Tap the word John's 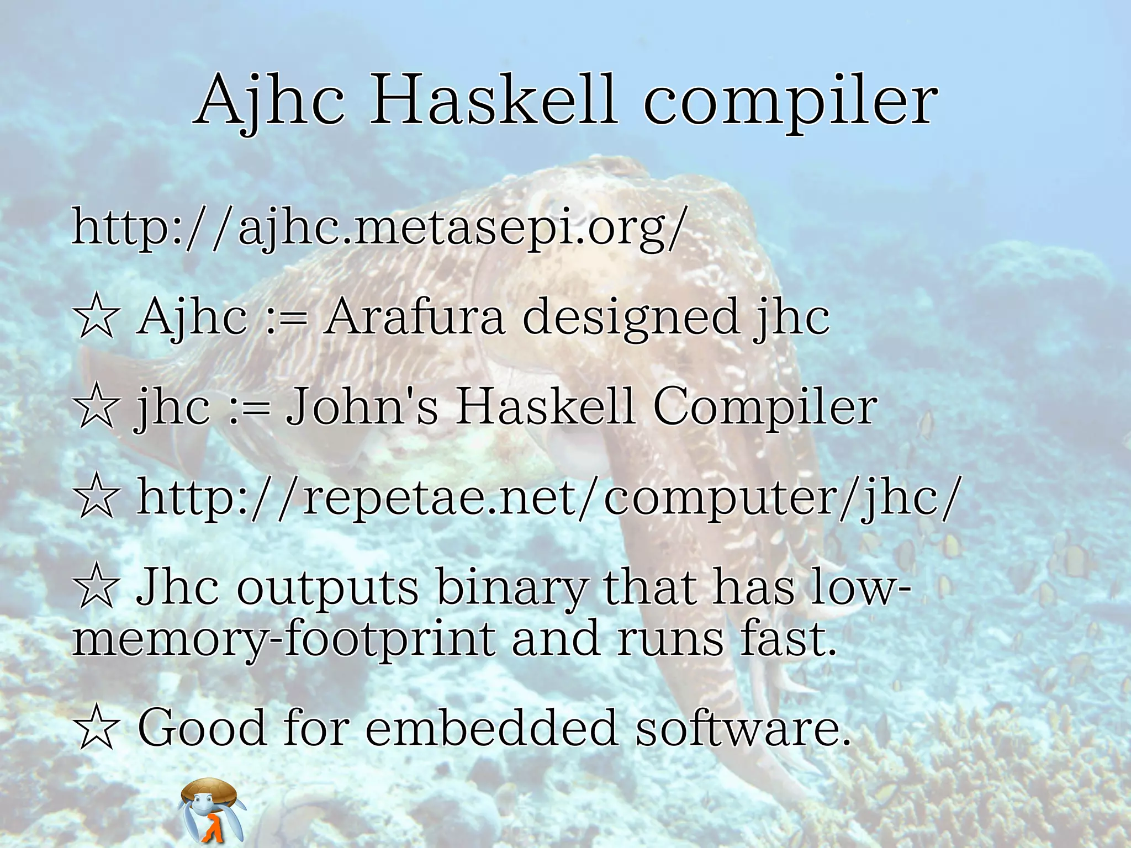tap(362, 407)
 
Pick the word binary tap(511, 589)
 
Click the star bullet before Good tap(97, 729)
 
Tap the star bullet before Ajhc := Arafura tap(97, 318)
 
